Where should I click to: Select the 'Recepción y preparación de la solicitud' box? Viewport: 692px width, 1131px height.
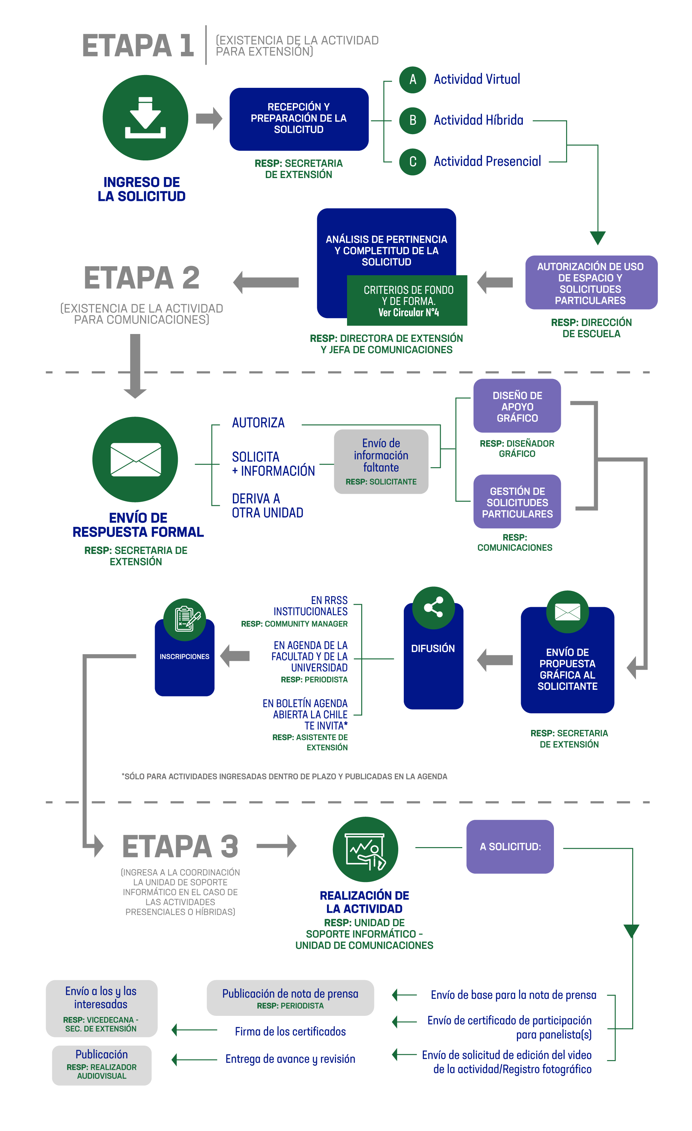pos(299,119)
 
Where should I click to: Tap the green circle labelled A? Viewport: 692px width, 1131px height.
pos(412,80)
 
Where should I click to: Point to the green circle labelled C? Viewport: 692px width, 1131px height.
pos(412,161)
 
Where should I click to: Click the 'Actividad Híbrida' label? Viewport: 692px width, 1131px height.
pos(478,120)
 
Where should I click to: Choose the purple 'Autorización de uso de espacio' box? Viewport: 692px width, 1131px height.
pos(591,283)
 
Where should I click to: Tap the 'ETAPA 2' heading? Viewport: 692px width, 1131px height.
pos(142,278)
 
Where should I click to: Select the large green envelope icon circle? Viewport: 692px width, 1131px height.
pos(135,459)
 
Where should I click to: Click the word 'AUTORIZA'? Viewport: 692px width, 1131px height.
pos(258,423)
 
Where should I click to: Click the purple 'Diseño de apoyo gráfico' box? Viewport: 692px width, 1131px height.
pos(517,406)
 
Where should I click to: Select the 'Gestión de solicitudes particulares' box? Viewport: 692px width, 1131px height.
pos(517,502)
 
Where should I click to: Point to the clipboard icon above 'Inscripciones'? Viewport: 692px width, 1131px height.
pos(185,619)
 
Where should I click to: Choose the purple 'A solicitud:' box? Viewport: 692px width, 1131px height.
pos(510,846)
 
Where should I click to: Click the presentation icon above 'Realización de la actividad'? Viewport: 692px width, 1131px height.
pos(365,849)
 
